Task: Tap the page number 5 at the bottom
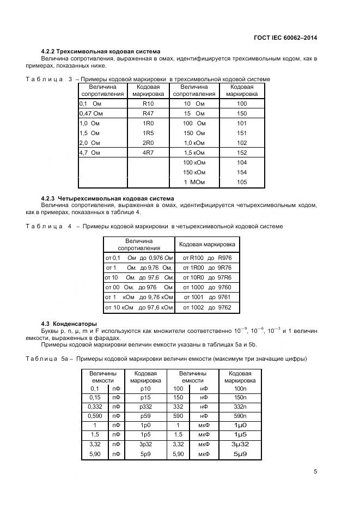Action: pyautogui.click(x=316, y=472)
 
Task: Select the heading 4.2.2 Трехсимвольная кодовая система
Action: pyautogui.click(x=101, y=52)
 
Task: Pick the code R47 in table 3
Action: pyautogui.click(x=148, y=113)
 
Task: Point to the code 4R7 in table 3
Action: pyautogui.click(x=148, y=153)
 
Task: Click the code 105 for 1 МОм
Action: pyautogui.click(x=242, y=183)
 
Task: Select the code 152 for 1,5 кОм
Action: pyautogui.click(x=242, y=153)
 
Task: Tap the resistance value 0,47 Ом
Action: pyautogui.click(x=91, y=113)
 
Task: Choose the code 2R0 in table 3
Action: pyautogui.click(x=148, y=143)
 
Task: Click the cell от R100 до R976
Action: pyautogui.click(x=207, y=258)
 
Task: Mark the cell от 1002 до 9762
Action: pyautogui.click(x=207, y=308)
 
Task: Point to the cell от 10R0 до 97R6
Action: pyautogui.click(x=207, y=277)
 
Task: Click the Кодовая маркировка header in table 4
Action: pyautogui.click(x=207, y=244)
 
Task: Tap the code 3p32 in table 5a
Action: pyautogui.click(x=145, y=444)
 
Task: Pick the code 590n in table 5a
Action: pyautogui.click(x=240, y=415)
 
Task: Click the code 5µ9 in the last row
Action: pyautogui.click(x=240, y=454)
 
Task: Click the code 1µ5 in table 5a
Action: pyautogui.click(x=240, y=434)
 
